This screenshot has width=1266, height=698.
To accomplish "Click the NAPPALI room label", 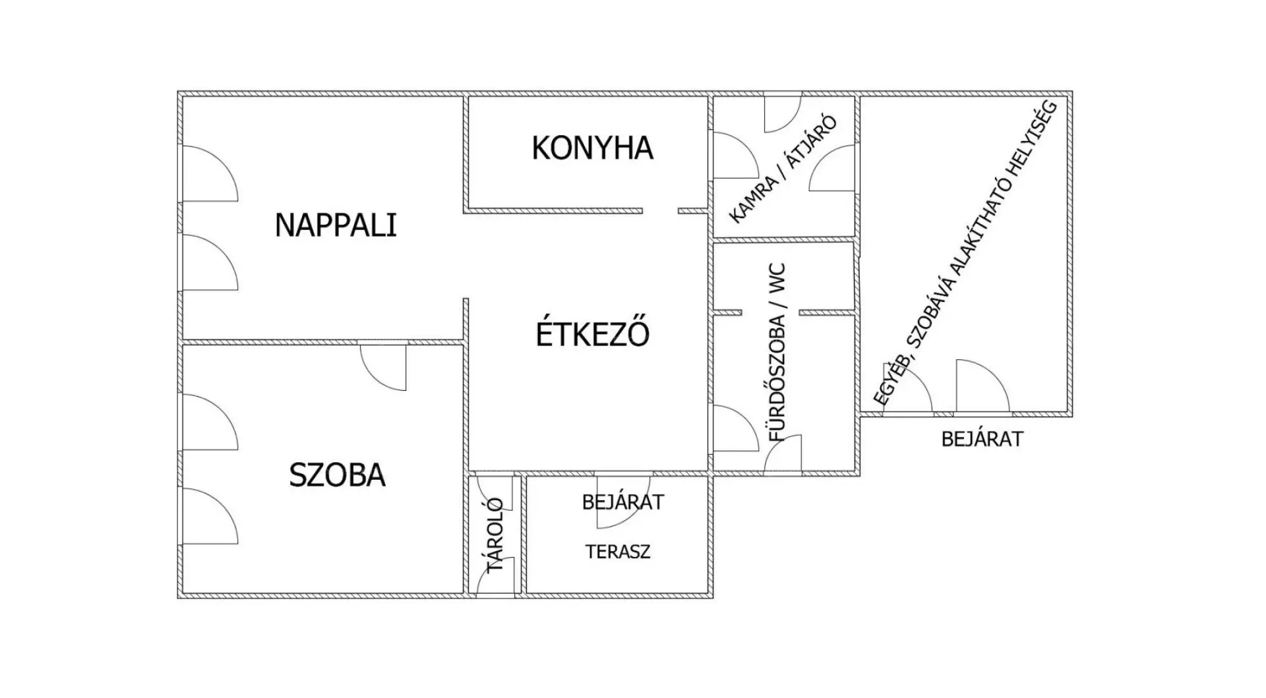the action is coord(336,225).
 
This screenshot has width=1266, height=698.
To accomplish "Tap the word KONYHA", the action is coord(592,148).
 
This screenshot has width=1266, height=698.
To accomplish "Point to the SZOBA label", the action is coord(337,475).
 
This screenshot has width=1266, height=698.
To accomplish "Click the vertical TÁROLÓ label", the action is coord(495,535).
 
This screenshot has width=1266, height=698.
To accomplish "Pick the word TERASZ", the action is coord(618,552).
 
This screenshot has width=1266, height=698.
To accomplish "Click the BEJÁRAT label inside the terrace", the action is coord(622,502).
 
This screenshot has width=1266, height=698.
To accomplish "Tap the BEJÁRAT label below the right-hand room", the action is coord(982,439).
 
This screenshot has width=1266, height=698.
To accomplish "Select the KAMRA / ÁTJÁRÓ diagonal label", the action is coord(783,169).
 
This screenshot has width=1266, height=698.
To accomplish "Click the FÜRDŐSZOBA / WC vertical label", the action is coord(777,353).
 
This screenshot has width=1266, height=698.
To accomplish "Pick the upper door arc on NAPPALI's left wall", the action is coord(210,173).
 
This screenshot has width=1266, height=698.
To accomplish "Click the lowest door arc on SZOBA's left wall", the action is coord(210,516).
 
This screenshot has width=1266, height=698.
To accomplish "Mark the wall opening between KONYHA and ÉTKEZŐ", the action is coord(660,211).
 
